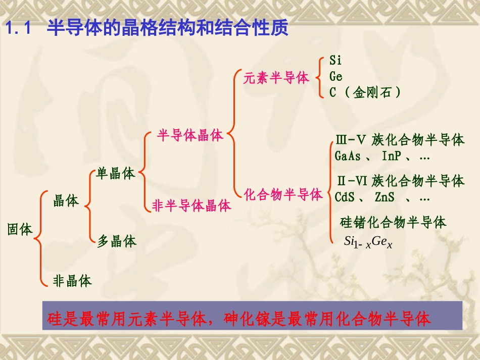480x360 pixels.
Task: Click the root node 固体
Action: point(20,230)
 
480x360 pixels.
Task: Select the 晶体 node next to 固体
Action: point(66,201)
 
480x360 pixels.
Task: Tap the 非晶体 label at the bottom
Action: point(72,281)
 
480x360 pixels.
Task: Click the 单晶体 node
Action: point(116,174)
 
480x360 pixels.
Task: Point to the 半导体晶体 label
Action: point(190,136)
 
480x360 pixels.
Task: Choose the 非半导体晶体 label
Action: point(191,206)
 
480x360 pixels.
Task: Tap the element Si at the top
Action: point(335,61)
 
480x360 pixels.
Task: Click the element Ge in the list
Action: point(336,77)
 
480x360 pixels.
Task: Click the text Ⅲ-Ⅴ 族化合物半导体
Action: point(399,140)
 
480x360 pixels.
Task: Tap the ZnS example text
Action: point(385,197)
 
